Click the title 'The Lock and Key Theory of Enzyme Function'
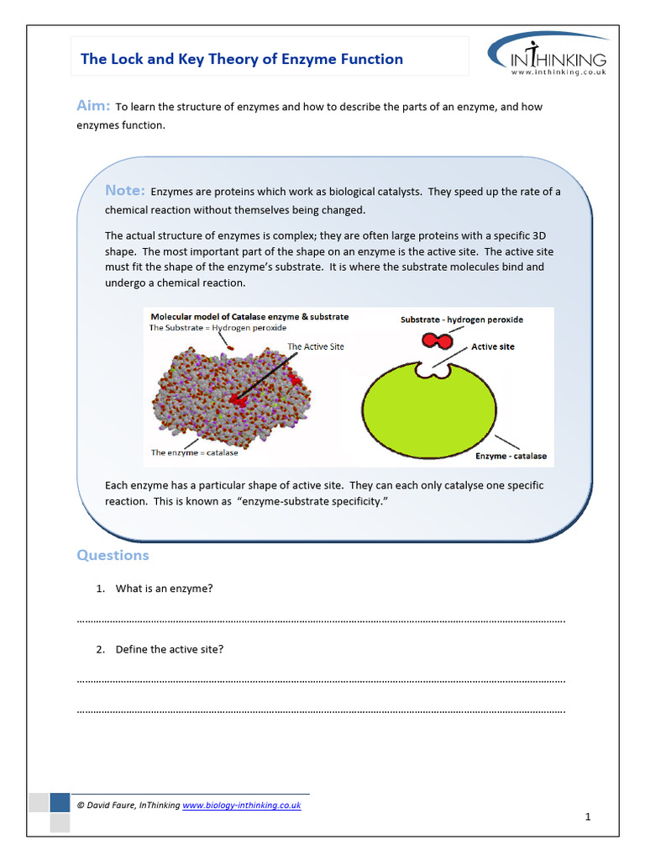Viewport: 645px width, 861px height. click(241, 59)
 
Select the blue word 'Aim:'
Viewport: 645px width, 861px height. click(93, 105)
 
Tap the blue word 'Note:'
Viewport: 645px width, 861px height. click(124, 191)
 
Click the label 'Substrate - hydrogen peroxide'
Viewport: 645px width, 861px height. click(461, 320)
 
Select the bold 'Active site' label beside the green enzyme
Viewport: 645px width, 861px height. click(493, 346)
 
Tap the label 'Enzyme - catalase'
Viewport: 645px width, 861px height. click(511, 456)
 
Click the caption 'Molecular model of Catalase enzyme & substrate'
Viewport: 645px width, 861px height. click(249, 317)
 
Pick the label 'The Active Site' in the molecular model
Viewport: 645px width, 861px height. click(315, 346)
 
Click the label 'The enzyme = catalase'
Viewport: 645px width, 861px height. click(194, 452)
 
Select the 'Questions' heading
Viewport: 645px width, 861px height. click(113, 555)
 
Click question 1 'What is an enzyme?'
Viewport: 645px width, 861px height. click(164, 589)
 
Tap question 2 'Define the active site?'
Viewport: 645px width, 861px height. click(169, 649)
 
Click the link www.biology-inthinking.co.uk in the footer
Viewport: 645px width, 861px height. click(241, 805)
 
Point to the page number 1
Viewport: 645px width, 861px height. click(589, 816)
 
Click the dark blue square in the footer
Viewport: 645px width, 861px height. click(60, 803)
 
